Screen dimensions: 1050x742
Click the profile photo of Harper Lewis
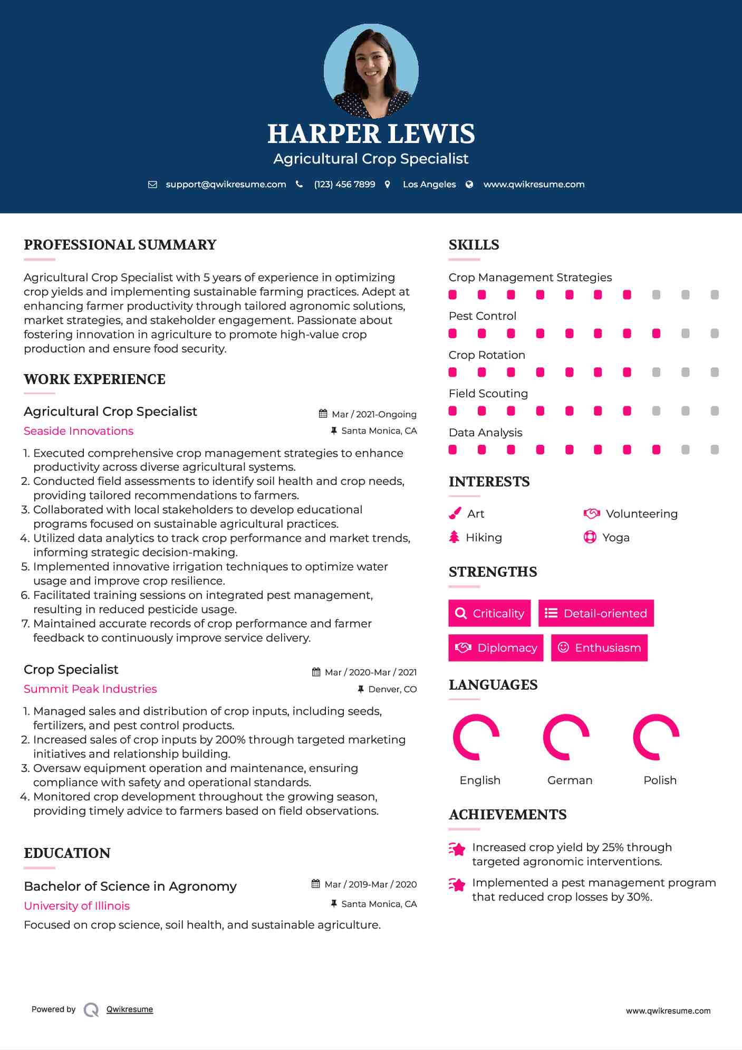click(x=371, y=71)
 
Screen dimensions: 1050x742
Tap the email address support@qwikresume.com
click(x=226, y=185)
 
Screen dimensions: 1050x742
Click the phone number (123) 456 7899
click(x=344, y=185)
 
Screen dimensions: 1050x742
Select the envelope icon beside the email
click(x=152, y=185)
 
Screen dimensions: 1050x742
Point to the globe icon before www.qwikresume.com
click(x=469, y=185)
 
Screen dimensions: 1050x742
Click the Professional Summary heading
click(x=120, y=245)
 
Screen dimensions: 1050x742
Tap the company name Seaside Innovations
click(x=79, y=431)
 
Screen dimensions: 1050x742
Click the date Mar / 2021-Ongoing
click(x=374, y=415)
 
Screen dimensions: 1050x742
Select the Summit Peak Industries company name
click(x=90, y=689)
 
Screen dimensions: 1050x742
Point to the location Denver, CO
click(x=392, y=690)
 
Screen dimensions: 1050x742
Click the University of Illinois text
click(x=77, y=906)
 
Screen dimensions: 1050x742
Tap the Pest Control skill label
click(x=483, y=316)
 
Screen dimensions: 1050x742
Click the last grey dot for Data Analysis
click(x=715, y=450)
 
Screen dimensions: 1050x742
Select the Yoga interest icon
click(x=590, y=537)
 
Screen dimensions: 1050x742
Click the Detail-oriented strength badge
click(x=596, y=613)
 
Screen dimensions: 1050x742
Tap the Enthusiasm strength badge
click(x=599, y=647)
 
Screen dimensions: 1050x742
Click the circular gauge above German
click(x=566, y=737)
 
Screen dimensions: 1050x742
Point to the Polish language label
click(x=660, y=780)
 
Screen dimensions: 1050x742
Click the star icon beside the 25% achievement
click(x=457, y=849)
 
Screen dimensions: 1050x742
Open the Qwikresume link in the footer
click(x=130, y=1009)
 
